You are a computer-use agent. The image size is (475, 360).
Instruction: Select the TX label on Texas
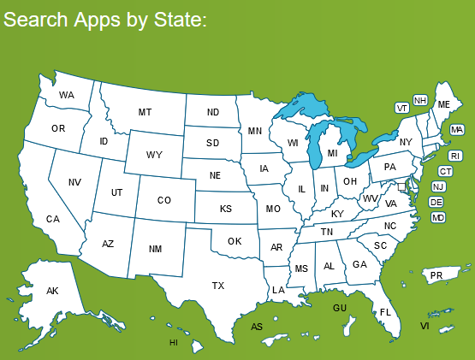pos(218,285)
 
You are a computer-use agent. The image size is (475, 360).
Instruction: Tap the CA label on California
pos(53,220)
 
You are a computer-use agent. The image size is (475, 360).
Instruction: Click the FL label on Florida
pos(385,312)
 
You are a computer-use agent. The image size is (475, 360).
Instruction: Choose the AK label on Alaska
pos(52,292)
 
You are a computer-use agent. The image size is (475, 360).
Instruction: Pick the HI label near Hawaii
pos(174,342)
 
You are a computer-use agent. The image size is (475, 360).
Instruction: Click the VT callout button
pos(402,108)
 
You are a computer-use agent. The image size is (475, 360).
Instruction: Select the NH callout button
pos(420,100)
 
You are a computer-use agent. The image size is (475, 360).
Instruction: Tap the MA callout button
pos(457,130)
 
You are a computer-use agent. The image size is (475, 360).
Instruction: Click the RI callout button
pos(455,156)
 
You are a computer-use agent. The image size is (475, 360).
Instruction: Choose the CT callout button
pos(446,171)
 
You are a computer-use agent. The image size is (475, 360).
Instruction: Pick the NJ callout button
pos(438,186)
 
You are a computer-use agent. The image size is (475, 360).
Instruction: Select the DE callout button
pos(436,202)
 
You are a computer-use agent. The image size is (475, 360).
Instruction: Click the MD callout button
pos(438,218)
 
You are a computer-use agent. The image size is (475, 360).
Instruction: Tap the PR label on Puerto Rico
pos(436,275)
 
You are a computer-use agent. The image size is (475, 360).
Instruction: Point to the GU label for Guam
pos(340,307)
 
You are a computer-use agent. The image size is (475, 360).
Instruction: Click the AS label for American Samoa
pos(257,327)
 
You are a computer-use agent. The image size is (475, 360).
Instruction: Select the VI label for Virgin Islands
pos(425,326)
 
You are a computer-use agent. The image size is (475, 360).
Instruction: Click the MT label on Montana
pos(145,112)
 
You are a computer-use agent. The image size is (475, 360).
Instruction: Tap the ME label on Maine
pos(444,103)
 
